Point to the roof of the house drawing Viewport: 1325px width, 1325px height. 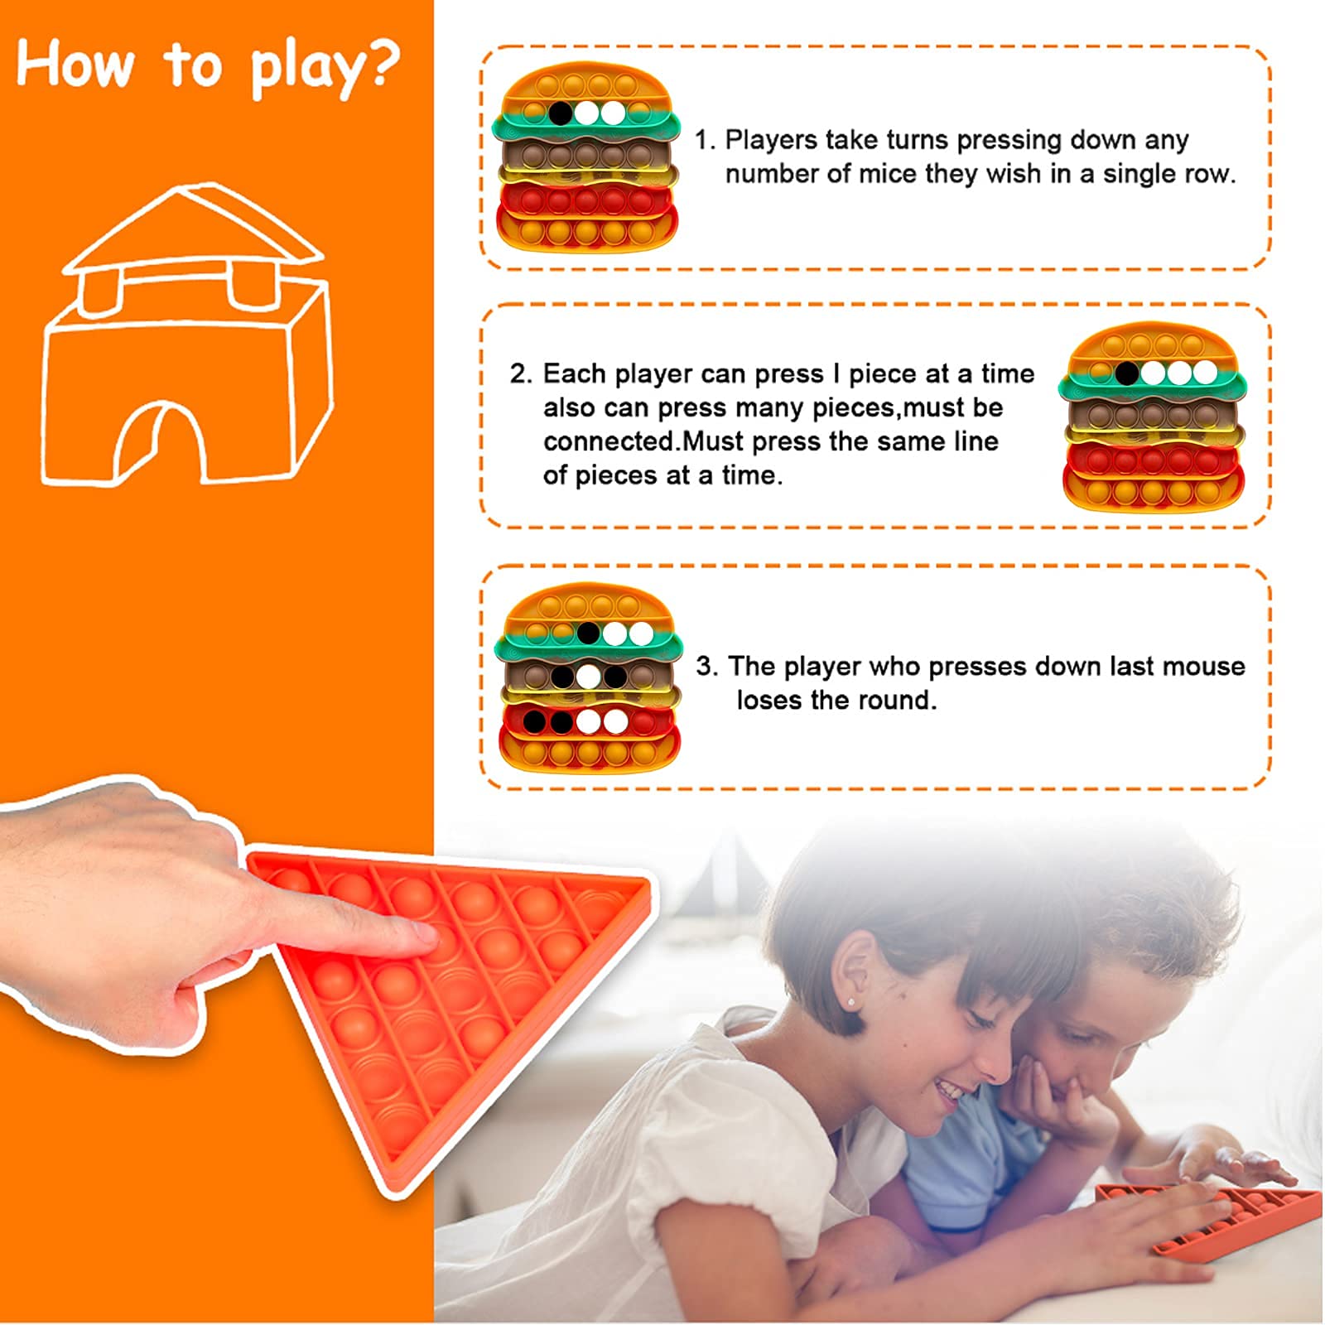194,228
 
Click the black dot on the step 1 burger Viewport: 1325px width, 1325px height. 560,113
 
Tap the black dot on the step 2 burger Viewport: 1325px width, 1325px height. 1126,373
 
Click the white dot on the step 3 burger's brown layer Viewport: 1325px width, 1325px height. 588,677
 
